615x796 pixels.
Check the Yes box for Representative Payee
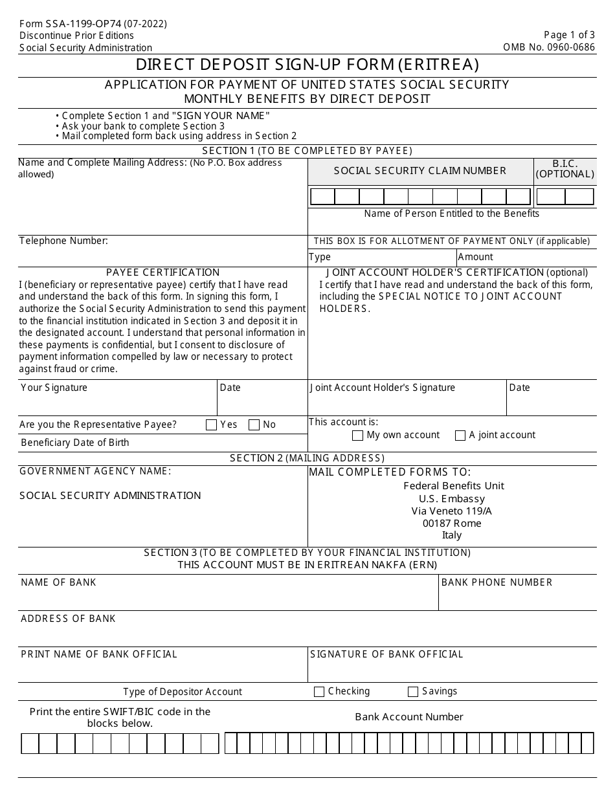211,425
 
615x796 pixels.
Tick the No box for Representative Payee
254,425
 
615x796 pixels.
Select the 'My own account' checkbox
357,436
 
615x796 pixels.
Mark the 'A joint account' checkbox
460,436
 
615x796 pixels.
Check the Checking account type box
319,692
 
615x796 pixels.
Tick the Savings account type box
413,692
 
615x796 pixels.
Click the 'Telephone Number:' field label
63,241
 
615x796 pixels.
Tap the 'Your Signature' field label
54,388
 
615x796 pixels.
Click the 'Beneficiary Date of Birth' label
75,443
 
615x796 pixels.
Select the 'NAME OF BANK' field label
58,582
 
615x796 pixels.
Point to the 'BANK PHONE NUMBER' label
497,582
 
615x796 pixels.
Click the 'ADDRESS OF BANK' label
68,619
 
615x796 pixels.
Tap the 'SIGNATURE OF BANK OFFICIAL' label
386,654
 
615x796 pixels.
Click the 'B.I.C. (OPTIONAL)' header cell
565,169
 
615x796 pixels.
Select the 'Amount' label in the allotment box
475,257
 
